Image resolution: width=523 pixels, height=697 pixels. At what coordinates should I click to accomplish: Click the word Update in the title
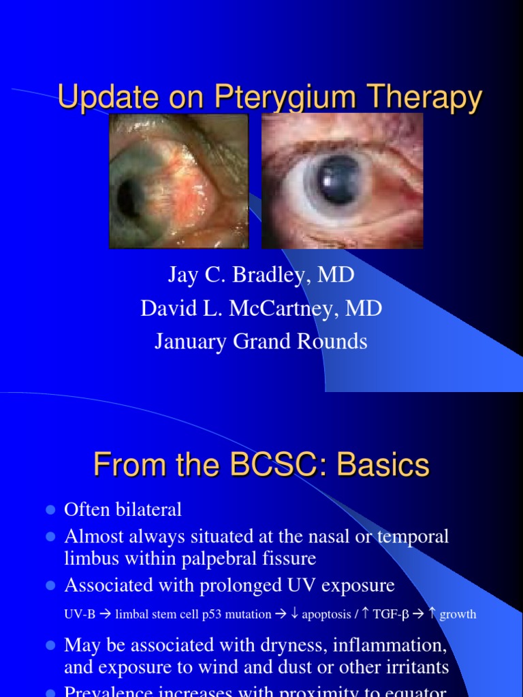point(102,98)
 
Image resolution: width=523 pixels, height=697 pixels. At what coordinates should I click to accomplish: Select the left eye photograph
point(178,180)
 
